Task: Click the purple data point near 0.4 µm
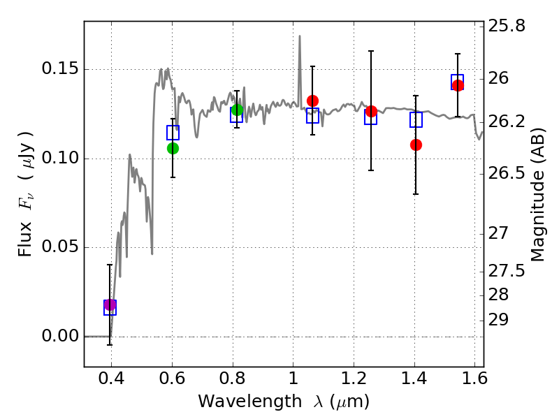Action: pos(110,304)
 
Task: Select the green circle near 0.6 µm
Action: pos(173,148)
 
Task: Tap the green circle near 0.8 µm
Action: pos(237,110)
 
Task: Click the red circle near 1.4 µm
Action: pos(416,145)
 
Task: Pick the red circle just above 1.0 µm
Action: pos(312,101)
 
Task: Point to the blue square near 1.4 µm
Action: pos(416,119)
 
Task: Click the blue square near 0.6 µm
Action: pos(173,133)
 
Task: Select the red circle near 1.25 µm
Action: pos(371,111)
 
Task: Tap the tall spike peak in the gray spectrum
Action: pos(300,36)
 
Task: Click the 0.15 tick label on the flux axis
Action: pos(55,68)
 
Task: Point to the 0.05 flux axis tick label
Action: pos(55,247)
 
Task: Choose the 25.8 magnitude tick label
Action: pos(507,26)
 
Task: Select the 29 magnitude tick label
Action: pos(498,320)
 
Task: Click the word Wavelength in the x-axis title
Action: pos(250,402)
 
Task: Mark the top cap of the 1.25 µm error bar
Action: pos(371,51)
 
